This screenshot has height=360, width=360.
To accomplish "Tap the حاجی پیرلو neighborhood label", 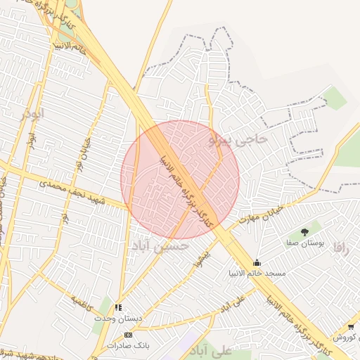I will (x=239, y=140).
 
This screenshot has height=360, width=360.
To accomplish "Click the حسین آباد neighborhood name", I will (x=160, y=245).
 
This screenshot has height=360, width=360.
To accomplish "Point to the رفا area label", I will (x=341, y=247).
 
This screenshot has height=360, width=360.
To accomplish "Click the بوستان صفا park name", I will (x=304, y=242).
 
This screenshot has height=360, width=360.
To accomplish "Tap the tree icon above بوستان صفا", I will (x=304, y=231).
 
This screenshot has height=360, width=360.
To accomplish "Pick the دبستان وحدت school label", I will (x=118, y=318).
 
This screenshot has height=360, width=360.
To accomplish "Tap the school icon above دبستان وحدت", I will (x=118, y=307).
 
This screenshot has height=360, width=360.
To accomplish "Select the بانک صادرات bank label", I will (x=128, y=345).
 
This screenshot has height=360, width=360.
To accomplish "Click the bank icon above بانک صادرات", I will (x=128, y=335).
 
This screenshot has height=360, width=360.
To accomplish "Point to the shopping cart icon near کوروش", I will (x=351, y=327).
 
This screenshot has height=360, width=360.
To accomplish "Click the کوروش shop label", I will (x=346, y=337).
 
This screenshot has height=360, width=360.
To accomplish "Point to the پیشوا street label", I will (x=202, y=257).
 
